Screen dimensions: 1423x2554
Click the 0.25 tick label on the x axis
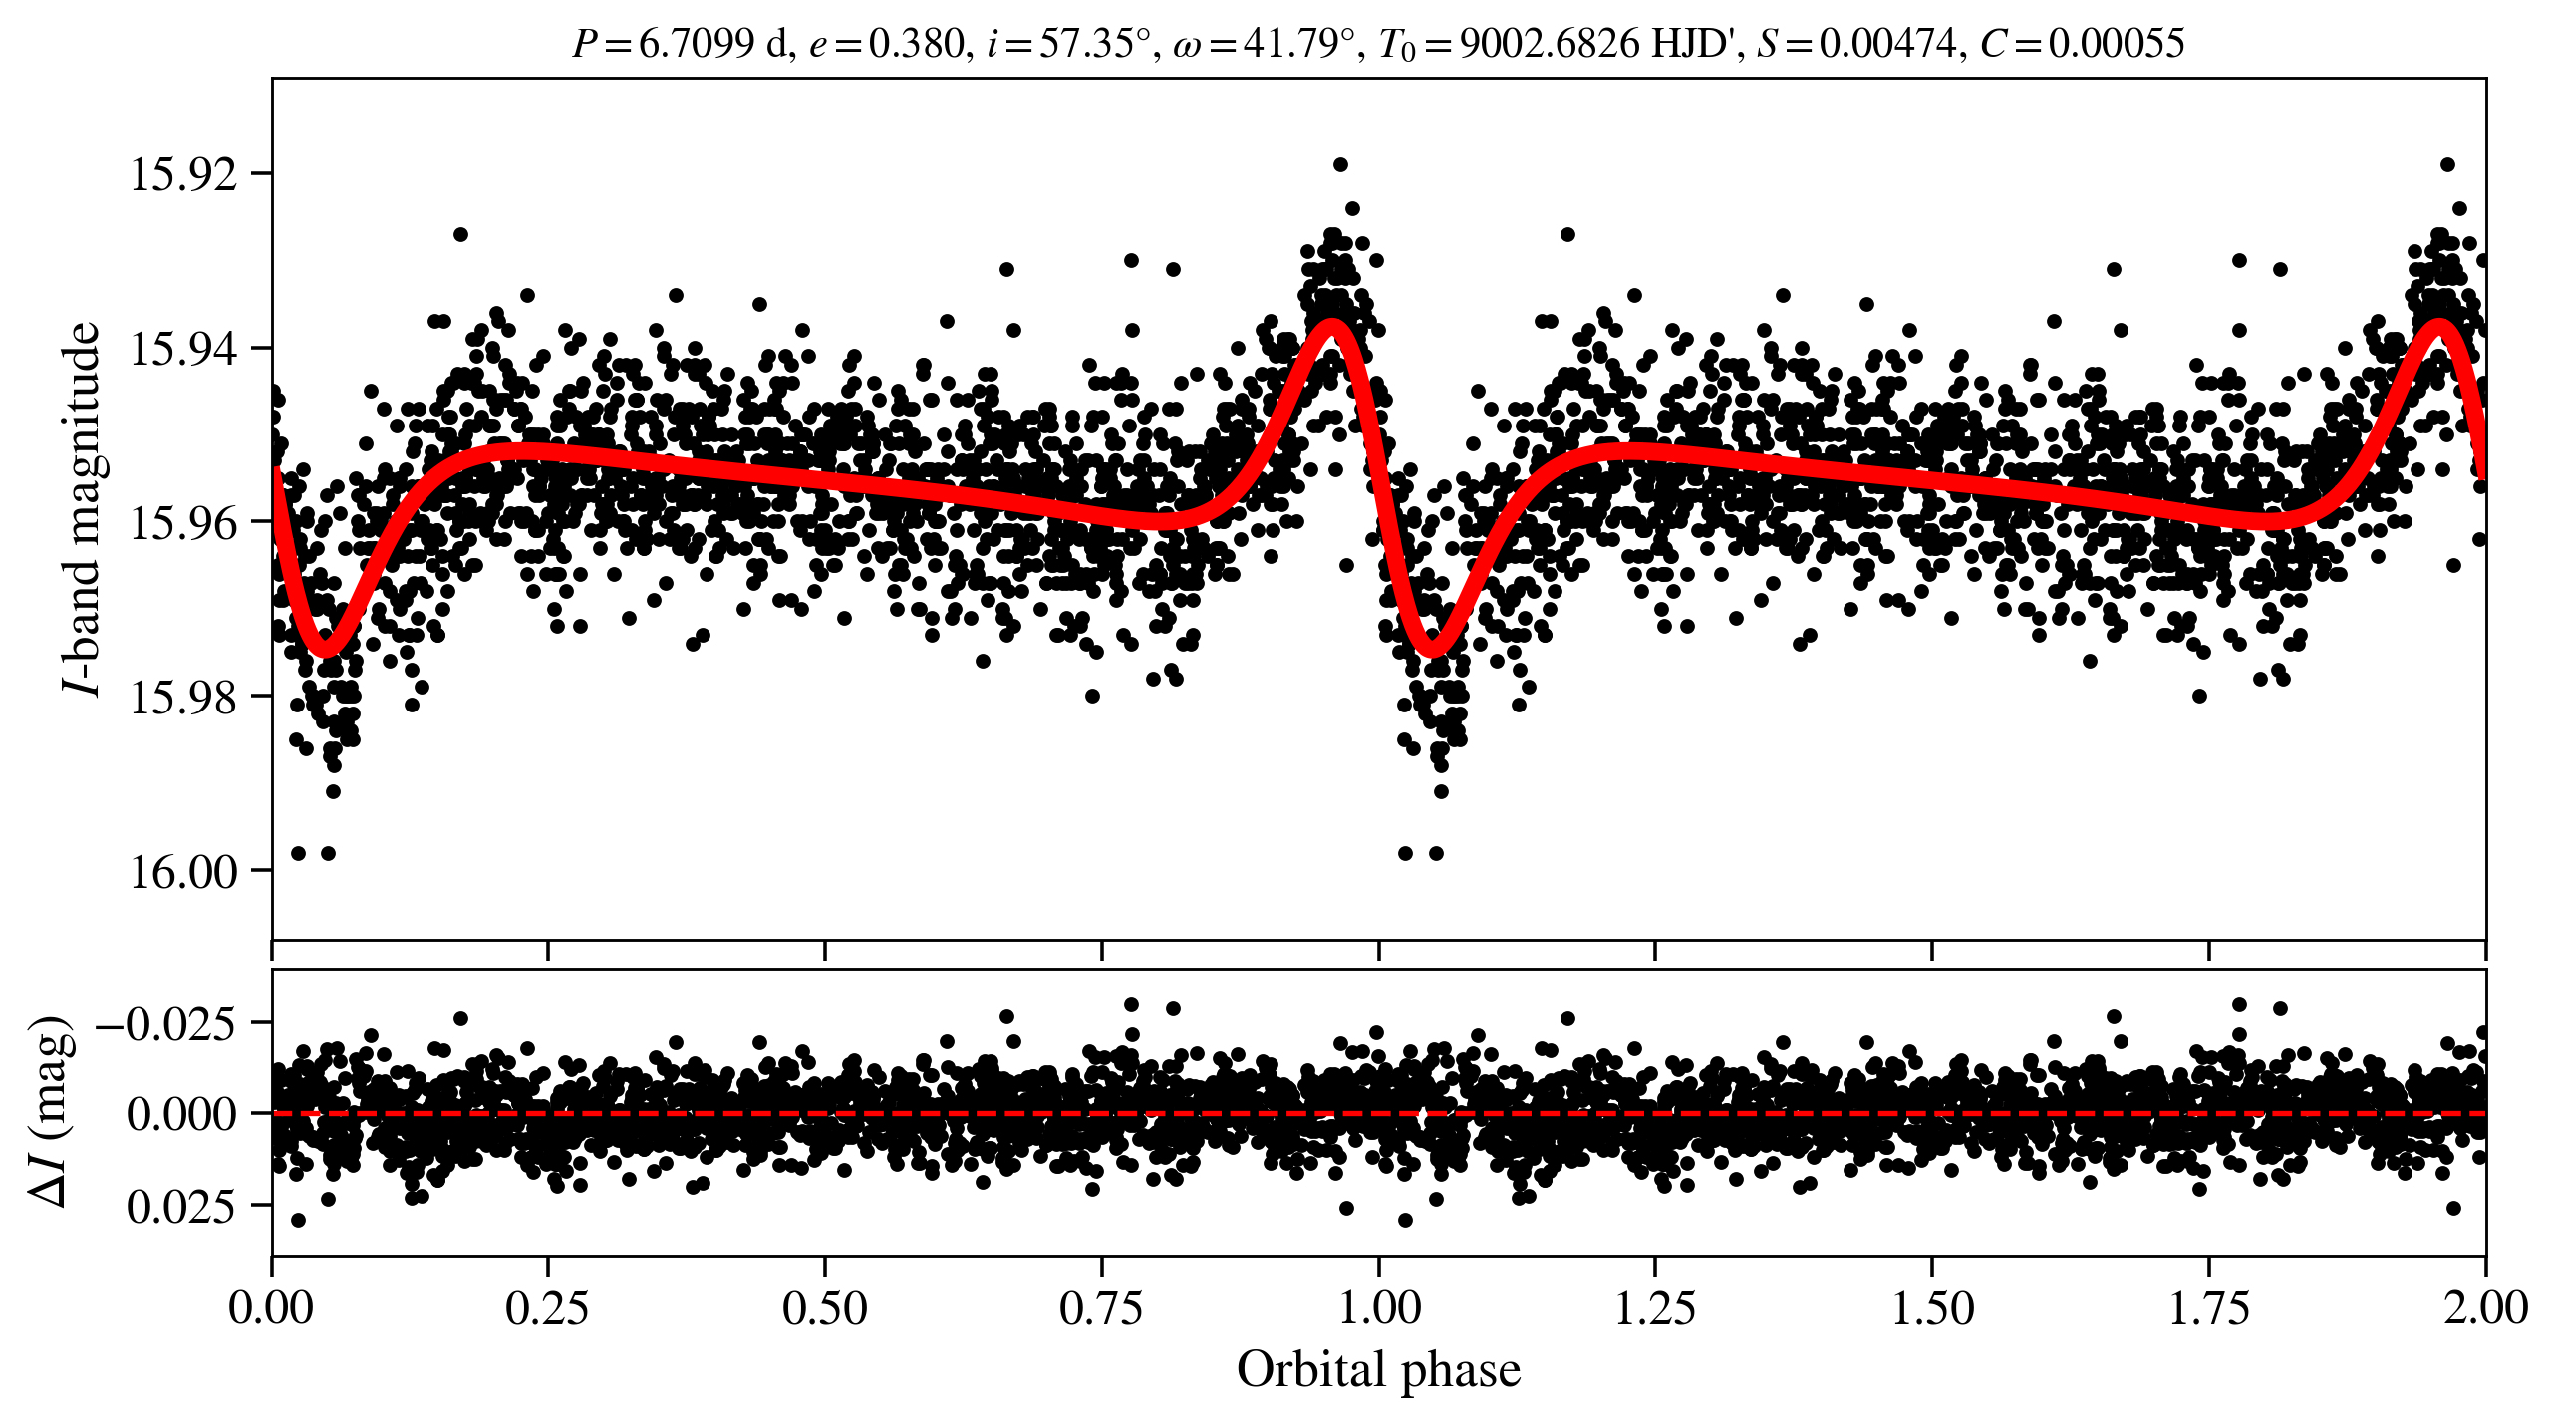[547, 1307]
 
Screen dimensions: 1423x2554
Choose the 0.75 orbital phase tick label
[1101, 1307]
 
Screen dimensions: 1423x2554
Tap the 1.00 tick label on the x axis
[1378, 1307]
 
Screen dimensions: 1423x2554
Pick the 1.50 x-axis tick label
[1932, 1307]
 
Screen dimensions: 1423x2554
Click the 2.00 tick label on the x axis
[2485, 1307]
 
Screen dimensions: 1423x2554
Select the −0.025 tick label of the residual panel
[165, 1023]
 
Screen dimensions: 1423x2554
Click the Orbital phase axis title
[1378, 1369]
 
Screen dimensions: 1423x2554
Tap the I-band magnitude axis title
[82, 508]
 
